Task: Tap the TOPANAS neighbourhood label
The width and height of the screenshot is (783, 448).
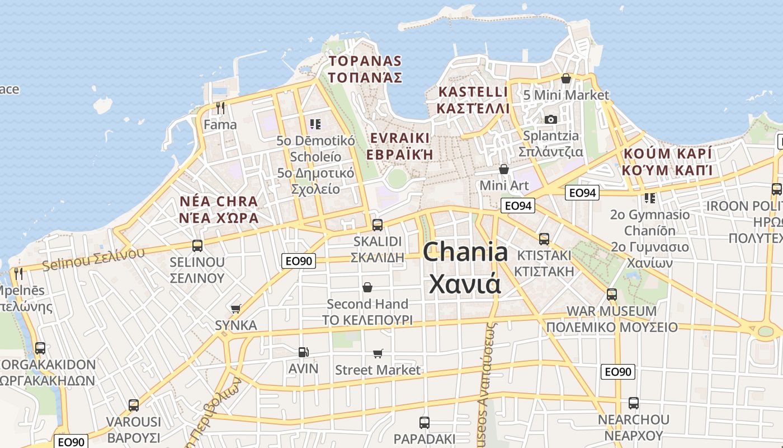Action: click(366, 69)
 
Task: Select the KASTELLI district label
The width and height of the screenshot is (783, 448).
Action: click(473, 100)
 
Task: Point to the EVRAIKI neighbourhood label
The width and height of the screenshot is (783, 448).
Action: click(400, 146)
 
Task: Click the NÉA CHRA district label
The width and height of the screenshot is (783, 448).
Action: click(219, 209)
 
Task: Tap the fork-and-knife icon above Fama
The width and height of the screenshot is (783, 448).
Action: click(220, 108)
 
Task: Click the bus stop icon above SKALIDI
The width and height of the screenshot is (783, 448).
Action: click(378, 225)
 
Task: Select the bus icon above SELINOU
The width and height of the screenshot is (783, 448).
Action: click(197, 245)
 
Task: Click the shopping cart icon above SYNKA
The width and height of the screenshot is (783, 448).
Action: click(236, 309)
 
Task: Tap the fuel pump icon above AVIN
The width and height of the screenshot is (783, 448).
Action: click(303, 352)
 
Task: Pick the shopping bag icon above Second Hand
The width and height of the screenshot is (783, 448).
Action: click(367, 287)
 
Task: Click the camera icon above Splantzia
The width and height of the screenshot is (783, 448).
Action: click(550, 119)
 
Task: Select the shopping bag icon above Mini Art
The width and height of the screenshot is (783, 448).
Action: click(504, 169)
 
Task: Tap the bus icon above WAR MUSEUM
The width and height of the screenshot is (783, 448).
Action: click(612, 294)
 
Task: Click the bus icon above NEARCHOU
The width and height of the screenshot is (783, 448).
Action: click(634, 403)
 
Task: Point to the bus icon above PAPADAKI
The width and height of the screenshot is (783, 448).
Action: click(424, 422)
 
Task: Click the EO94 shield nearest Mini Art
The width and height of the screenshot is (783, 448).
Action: click(517, 206)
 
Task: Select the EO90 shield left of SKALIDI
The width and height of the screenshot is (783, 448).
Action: click(299, 260)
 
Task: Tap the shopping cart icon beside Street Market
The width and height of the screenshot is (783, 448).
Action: click(378, 353)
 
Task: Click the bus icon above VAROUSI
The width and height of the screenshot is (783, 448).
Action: click(133, 405)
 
